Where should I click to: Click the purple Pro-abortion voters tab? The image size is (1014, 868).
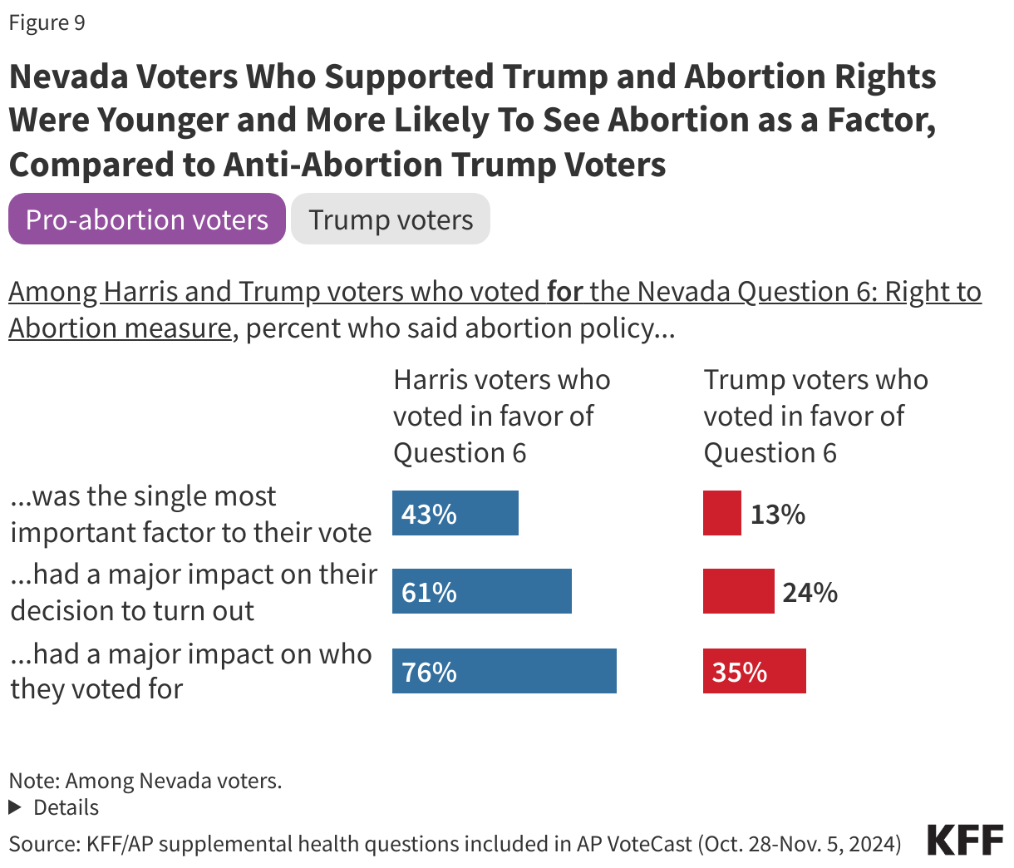point(147,219)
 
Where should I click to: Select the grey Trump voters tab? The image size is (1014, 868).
point(391,219)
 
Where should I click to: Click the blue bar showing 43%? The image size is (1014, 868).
point(455,513)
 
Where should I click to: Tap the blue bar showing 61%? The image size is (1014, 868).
point(482,591)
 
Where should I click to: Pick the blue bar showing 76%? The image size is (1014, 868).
point(505,671)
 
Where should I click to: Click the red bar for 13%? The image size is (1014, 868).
point(721,513)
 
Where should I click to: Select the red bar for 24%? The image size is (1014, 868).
point(738,591)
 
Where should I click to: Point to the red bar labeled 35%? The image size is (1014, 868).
point(754,671)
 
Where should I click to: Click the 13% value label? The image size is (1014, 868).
point(778,515)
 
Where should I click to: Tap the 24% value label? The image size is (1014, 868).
point(810,593)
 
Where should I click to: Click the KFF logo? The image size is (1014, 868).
point(965,841)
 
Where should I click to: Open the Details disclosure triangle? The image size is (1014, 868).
point(15,807)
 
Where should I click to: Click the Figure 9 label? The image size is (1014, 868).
point(47,22)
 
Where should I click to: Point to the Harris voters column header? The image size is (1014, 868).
point(501,416)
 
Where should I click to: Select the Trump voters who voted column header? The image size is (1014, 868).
point(815,416)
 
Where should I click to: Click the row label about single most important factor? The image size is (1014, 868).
point(190,514)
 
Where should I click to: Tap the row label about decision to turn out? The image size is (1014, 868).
point(193,592)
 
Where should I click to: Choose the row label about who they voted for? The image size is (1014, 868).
point(190,671)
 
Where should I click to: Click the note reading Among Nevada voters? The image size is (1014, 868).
point(145,781)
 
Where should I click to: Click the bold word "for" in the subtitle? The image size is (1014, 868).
point(564,292)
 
